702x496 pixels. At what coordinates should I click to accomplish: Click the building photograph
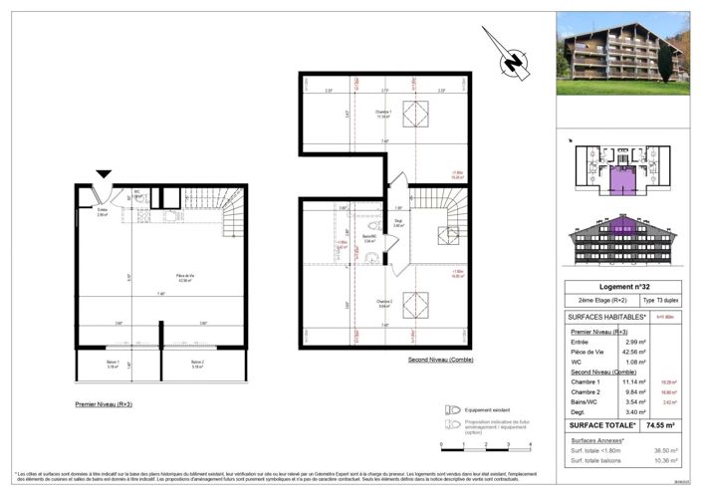tap(622, 53)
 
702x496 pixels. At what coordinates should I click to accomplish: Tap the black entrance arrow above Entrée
tap(104, 177)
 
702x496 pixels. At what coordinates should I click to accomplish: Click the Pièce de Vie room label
tap(159, 280)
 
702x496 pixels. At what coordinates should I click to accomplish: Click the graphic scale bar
tap(487, 444)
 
